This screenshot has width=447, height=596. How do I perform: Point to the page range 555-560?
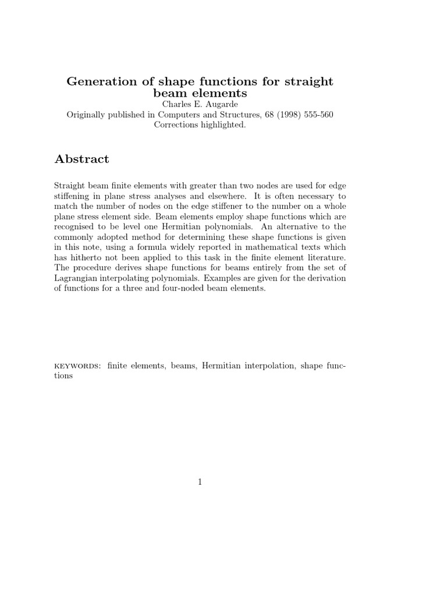pyautogui.click(x=314, y=114)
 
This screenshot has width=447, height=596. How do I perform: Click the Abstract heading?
pyautogui.click(x=81, y=159)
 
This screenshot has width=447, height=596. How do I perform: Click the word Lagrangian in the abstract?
pyautogui.click(x=77, y=279)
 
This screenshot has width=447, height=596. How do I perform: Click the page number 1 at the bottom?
pyautogui.click(x=200, y=482)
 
